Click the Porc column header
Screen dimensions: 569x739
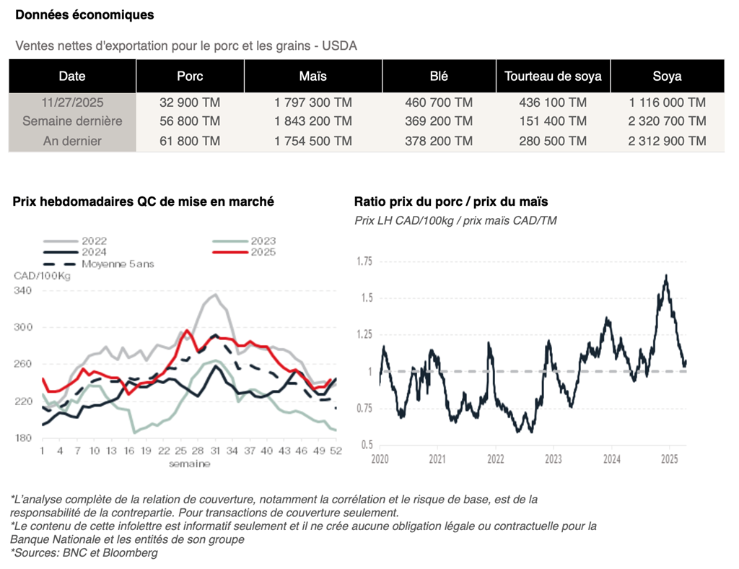190,76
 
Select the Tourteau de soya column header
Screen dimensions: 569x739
553,76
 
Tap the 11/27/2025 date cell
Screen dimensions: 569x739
71,103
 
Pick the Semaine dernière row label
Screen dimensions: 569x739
71,121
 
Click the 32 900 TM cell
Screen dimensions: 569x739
190,103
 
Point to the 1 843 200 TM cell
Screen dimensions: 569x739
312,121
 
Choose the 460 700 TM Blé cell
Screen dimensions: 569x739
439,103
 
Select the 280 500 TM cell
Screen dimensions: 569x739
553,141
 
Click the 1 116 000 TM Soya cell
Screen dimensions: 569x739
667,103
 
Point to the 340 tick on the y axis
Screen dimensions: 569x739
23,290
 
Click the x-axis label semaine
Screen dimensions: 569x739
189,464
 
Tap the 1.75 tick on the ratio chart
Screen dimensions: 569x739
365,261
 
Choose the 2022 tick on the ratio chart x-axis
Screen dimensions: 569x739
495,459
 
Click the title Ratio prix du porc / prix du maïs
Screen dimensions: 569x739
451,201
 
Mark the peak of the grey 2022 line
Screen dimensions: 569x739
215,295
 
